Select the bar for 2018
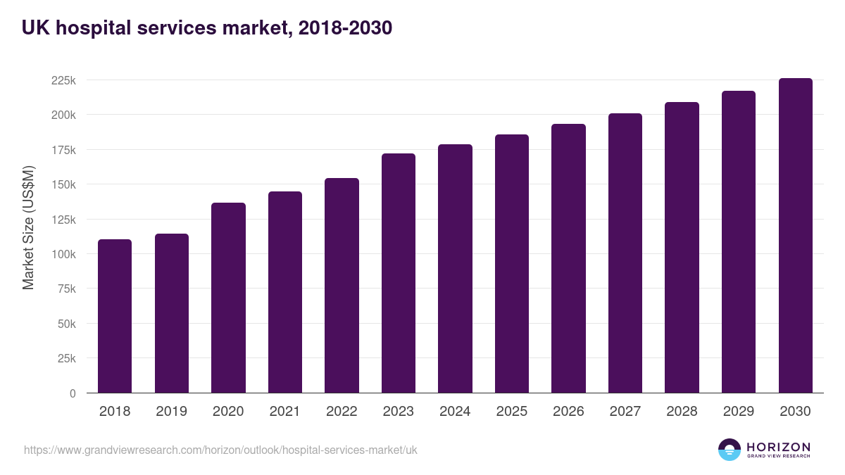(115, 317)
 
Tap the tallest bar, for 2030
(795, 236)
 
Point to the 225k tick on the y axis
(63, 80)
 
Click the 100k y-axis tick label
(63, 254)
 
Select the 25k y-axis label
(65, 358)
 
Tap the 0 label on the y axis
(73, 393)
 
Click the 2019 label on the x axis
(171, 412)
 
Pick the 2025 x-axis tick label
(511, 412)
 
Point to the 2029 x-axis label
(739, 412)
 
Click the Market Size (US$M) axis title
(28, 227)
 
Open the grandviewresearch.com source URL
(220, 450)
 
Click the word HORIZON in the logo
(778, 447)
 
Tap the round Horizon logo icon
(730, 450)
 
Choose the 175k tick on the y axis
(63, 150)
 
